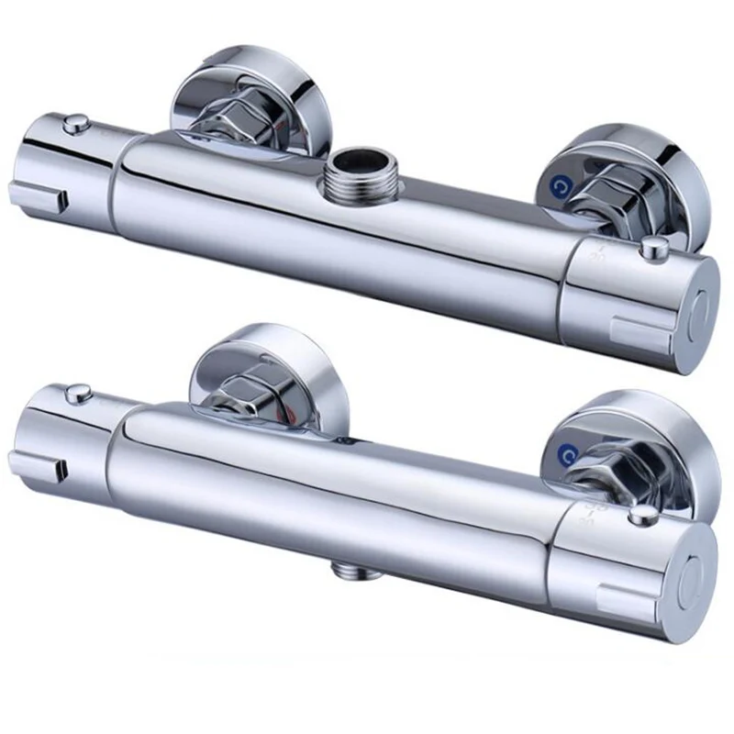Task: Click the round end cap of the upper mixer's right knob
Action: pos(696,306)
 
